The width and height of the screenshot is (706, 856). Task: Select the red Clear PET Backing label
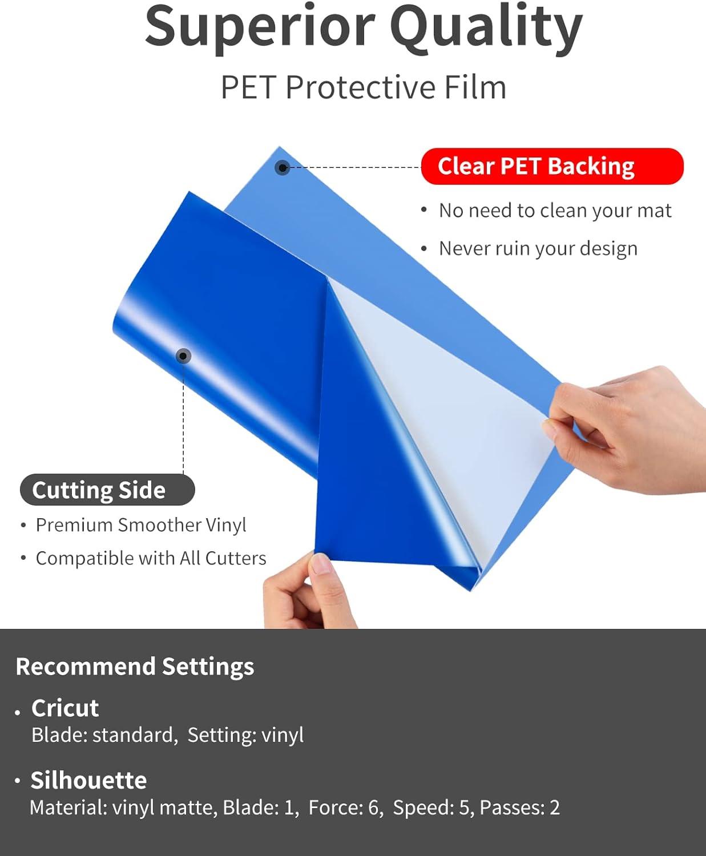[x=552, y=166]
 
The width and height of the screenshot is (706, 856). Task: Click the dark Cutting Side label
[x=107, y=490]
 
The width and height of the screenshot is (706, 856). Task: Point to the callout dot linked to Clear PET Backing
[x=282, y=167]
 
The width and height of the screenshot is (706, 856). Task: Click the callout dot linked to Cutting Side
[x=183, y=356]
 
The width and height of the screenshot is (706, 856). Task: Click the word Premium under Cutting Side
[x=74, y=525]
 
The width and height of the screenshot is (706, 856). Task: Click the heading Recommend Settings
[x=135, y=667]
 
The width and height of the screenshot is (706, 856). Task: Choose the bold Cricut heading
[x=65, y=708]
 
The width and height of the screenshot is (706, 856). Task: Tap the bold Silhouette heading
[x=88, y=780]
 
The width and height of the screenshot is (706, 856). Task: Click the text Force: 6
[x=345, y=807]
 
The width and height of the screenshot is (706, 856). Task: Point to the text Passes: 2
[x=519, y=807]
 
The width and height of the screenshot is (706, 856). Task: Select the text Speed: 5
[x=431, y=808]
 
